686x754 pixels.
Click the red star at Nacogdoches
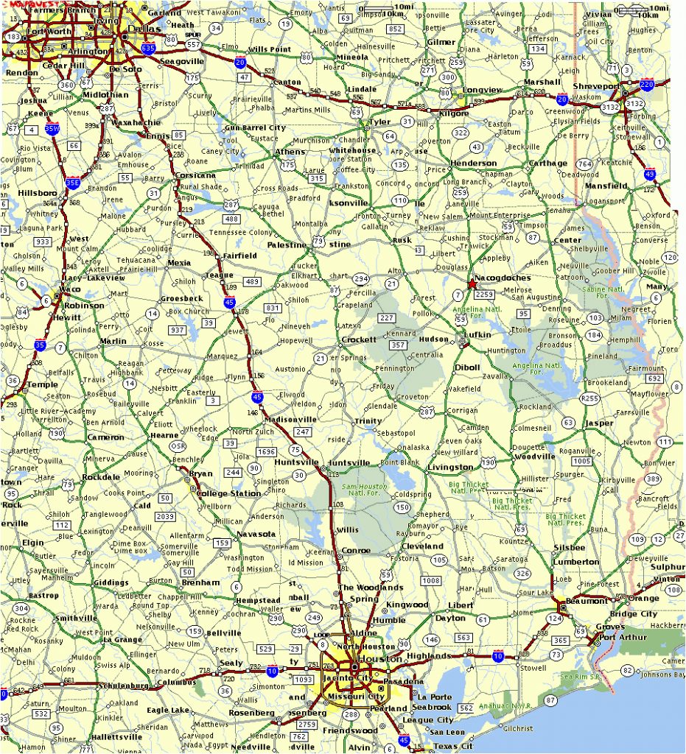coord(472,283)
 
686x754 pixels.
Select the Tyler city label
coord(380,122)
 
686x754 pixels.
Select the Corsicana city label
coord(195,175)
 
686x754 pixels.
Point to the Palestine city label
coord(286,244)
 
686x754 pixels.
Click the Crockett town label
coord(360,340)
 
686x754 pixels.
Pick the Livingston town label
coord(450,468)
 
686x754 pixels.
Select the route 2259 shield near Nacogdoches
coord(484,294)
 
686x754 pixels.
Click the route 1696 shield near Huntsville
coord(267,451)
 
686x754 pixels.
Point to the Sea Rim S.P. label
coord(580,675)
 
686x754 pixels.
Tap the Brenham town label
coord(200,582)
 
